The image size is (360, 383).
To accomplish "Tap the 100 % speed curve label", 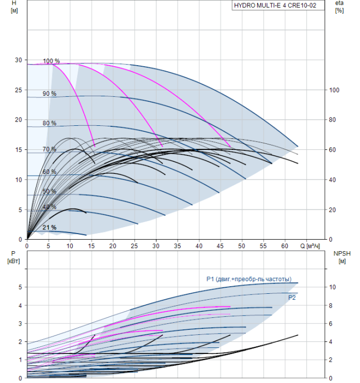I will pyautogui.click(x=51, y=61).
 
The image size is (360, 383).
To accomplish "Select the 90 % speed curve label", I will pyautogui.click(x=49, y=94).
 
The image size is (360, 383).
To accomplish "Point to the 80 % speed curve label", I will pyautogui.click(x=49, y=123).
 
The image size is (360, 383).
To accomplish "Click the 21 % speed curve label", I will pyautogui.click(x=49, y=227).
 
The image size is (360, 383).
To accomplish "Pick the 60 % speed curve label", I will pyautogui.click(x=49, y=172).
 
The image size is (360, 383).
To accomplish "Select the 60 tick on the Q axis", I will pyautogui.click(x=285, y=246).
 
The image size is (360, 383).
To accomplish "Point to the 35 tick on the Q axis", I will pyautogui.click(x=177, y=246).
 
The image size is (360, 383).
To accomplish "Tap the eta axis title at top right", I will pyautogui.click(x=339, y=7).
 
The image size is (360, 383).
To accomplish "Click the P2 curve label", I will pyautogui.click(x=293, y=297).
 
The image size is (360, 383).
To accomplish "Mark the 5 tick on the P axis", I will pyautogui.click(x=19, y=287).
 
